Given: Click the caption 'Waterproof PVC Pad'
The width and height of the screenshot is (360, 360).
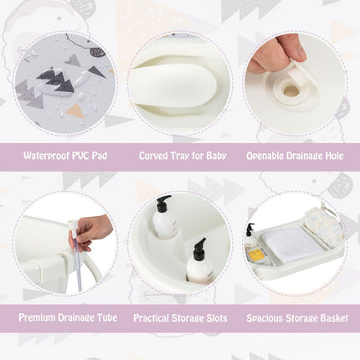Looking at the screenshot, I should tap(65, 156).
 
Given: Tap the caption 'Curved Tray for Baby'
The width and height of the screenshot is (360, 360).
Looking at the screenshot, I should tap(180, 156).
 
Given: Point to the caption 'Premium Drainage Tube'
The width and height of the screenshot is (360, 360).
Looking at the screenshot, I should tap(65, 318).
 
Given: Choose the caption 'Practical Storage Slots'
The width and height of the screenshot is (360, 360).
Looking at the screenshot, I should tap(180, 318).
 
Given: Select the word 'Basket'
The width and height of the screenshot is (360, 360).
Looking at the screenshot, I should tap(331, 318).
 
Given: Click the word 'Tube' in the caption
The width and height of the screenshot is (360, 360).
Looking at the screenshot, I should tap(105, 318).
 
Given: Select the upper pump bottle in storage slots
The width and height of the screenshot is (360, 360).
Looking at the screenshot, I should tap(164, 221).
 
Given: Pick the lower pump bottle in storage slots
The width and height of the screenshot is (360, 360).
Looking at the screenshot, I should tap(199, 264).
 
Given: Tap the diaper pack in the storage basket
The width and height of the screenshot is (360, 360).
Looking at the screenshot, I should tap(323, 224).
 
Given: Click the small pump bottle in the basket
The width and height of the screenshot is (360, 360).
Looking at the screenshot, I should tap(250, 238).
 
